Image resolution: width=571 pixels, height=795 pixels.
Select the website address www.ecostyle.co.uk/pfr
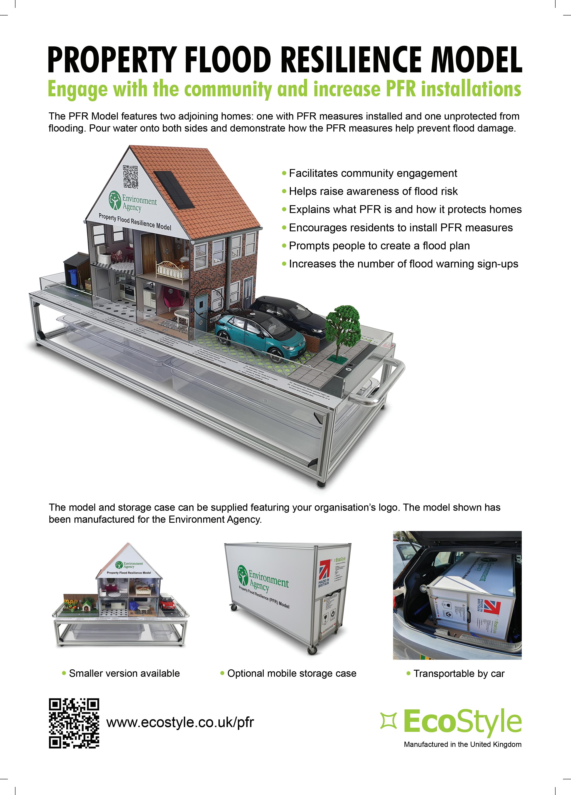point(180,722)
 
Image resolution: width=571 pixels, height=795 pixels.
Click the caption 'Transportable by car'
point(458,673)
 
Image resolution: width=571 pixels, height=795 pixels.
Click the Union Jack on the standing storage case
point(324,570)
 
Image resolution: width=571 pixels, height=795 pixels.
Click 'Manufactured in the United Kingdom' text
point(462,744)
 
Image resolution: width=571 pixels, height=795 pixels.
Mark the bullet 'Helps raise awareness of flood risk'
point(373,191)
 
